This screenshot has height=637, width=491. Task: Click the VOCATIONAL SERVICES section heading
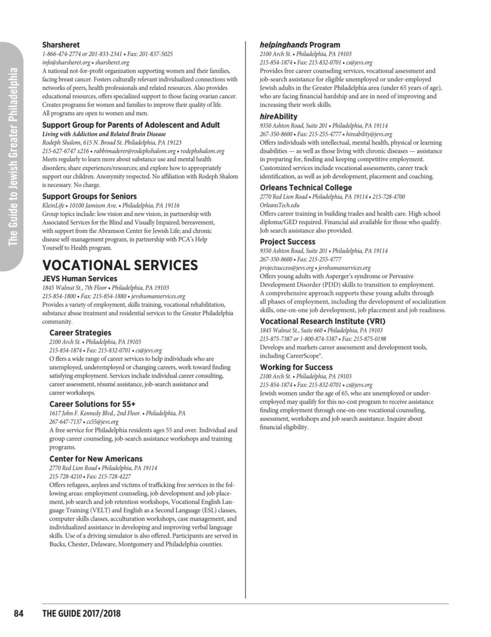coord(120,265)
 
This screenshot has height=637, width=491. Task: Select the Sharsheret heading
coord(60,46)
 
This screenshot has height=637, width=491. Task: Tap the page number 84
coord(19,614)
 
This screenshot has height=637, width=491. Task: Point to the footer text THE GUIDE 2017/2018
coord(82,614)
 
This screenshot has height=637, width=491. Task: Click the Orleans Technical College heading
coord(306,187)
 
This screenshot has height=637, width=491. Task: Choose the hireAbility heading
coord(278,116)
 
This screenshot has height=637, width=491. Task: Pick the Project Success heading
coord(287,242)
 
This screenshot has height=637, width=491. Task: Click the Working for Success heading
coord(296,367)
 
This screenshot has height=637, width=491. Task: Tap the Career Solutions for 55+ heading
coord(93,404)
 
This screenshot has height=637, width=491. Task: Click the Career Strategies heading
coord(80,333)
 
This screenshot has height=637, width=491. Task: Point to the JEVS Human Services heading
coord(80,278)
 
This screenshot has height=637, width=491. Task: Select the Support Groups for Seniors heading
coord(89,196)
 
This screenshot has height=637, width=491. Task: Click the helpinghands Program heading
coord(300,45)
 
